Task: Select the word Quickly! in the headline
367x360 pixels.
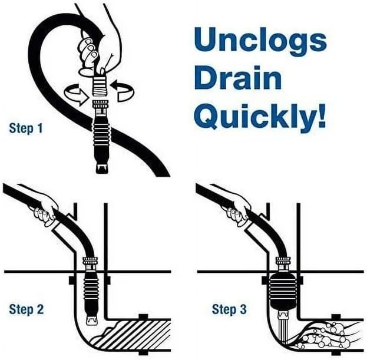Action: (x=260, y=116)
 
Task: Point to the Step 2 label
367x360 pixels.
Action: (x=27, y=309)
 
